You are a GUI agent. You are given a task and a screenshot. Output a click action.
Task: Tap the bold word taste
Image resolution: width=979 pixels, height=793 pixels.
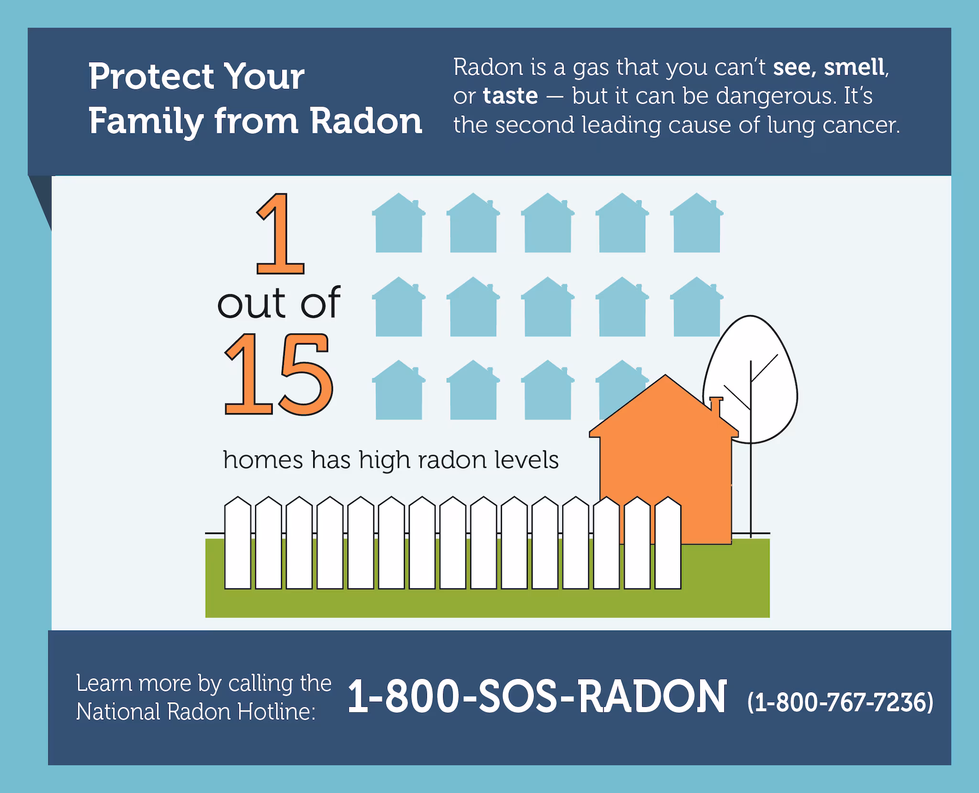click(x=510, y=96)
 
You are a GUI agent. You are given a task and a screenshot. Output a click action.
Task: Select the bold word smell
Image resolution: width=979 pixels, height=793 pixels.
click(x=854, y=67)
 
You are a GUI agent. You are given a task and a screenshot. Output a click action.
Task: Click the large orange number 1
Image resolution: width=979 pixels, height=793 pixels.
click(x=279, y=234)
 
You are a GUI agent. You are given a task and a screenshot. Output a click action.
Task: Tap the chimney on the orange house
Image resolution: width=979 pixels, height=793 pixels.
click(x=716, y=406)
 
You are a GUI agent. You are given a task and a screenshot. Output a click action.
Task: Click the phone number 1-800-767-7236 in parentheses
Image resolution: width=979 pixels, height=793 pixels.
click(x=840, y=702)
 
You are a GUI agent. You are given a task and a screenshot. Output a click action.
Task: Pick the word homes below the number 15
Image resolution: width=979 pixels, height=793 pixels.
click(x=263, y=460)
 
